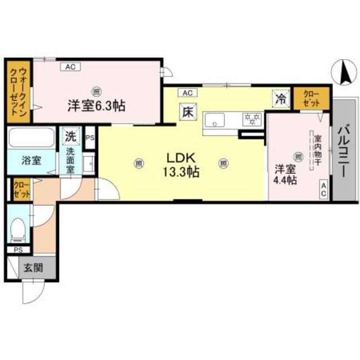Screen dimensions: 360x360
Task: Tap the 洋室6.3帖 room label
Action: click(x=96, y=105)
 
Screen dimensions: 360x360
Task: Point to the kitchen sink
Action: click(x=214, y=120)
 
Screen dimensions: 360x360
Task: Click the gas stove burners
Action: click(x=251, y=119)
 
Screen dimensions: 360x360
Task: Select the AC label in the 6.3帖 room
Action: click(x=70, y=66)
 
